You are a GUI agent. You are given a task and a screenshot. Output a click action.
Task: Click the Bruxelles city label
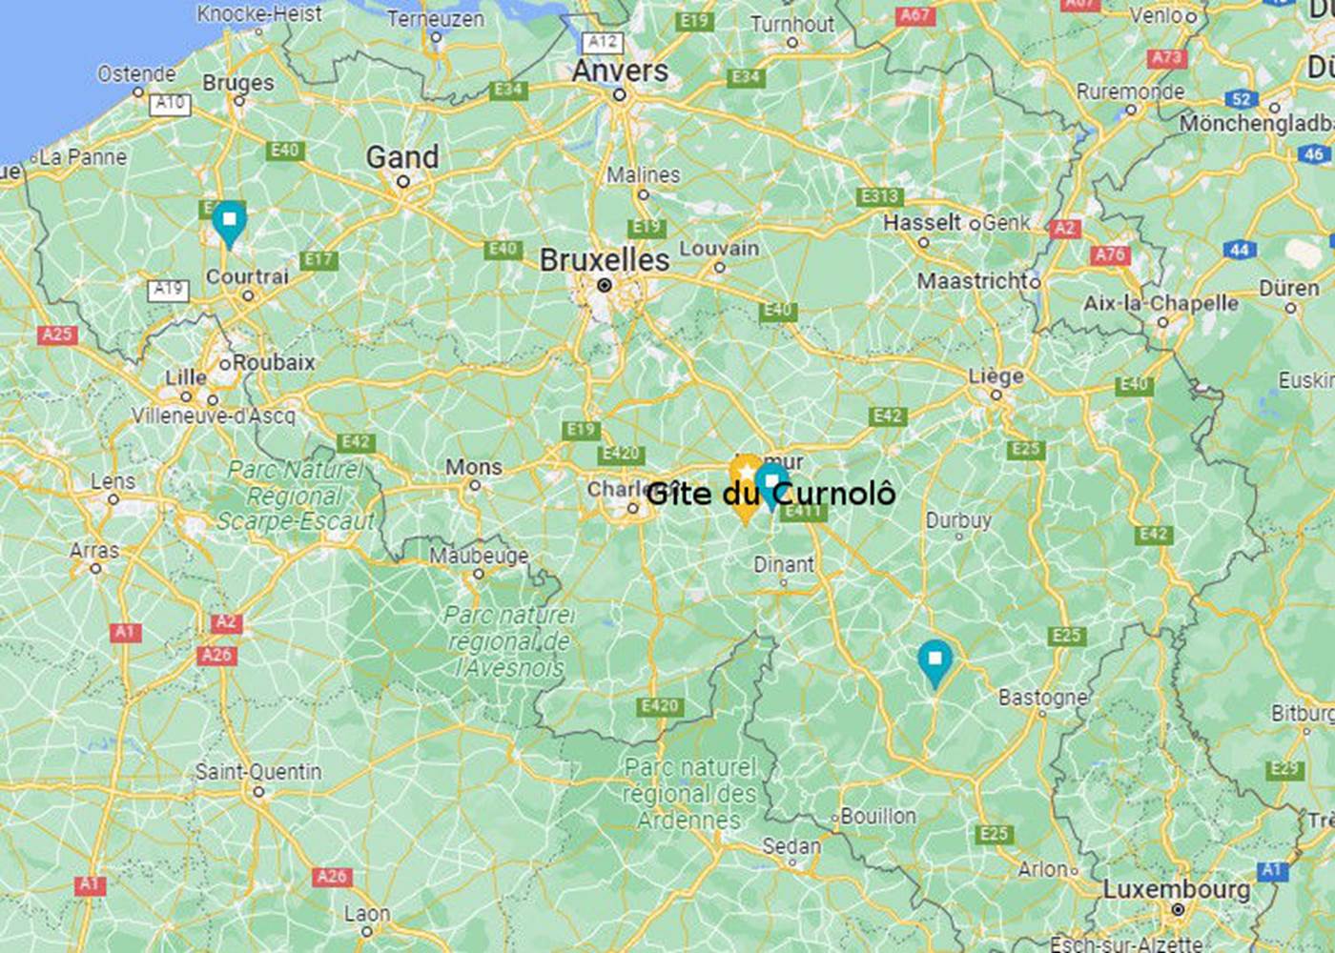tap(604, 260)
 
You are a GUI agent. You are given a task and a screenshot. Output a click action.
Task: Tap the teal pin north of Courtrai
tap(229, 221)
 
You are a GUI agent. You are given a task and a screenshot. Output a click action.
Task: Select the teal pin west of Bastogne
tap(934, 660)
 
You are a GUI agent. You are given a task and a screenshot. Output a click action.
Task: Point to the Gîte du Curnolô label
tap(770, 494)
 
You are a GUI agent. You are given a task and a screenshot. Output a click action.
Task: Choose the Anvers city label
tap(620, 71)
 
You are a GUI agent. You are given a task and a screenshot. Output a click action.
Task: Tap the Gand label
tap(402, 157)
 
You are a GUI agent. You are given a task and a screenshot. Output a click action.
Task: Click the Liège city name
tap(996, 376)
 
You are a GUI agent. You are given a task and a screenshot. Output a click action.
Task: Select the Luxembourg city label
tap(1177, 889)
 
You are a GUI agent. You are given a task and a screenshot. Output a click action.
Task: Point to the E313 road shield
tap(879, 196)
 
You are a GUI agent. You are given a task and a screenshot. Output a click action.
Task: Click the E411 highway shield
tap(803, 512)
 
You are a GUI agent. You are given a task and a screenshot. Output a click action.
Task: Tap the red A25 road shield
tap(57, 335)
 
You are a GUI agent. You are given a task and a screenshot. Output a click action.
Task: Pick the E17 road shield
tap(318, 259)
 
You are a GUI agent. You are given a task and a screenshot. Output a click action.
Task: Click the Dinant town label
tap(784, 564)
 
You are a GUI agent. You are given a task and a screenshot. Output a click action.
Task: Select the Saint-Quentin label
tap(258, 771)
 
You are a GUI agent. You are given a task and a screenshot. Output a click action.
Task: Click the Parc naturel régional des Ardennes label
tap(690, 793)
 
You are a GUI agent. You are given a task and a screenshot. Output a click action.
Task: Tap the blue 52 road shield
tap(1241, 99)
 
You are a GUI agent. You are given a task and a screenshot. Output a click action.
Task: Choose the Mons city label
tap(474, 467)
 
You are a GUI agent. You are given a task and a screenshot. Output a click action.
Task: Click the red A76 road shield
tap(1110, 255)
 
